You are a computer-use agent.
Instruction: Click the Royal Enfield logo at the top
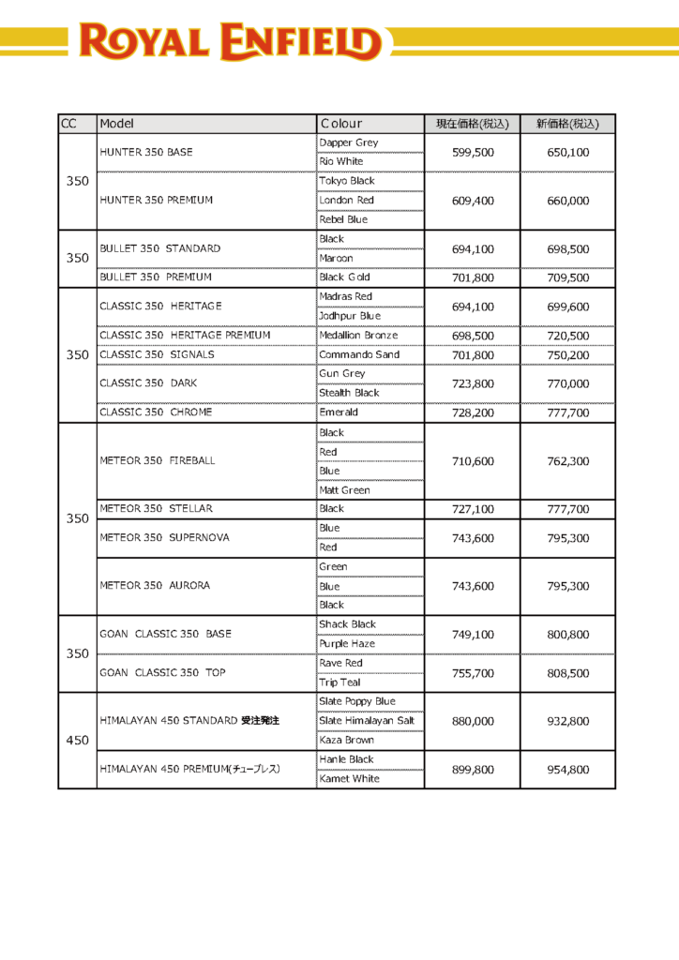230,42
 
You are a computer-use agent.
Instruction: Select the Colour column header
341,124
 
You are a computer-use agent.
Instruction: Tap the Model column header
117,124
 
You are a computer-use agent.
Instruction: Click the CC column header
68,124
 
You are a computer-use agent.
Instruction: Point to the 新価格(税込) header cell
567,124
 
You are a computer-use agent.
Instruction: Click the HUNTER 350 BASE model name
145,152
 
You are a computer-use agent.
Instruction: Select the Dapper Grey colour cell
349,142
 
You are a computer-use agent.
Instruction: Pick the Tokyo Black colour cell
347,181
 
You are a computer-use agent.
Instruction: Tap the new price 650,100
567,152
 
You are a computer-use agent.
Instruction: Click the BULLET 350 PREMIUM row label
156,277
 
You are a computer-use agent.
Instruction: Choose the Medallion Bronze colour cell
358,335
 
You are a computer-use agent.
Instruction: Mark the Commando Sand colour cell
359,354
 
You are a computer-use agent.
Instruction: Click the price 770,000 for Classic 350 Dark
567,383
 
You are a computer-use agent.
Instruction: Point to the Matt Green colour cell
344,489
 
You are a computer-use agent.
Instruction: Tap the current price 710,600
473,461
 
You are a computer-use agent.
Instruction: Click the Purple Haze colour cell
347,643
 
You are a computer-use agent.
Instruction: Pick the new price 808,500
567,673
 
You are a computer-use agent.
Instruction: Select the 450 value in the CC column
77,740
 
